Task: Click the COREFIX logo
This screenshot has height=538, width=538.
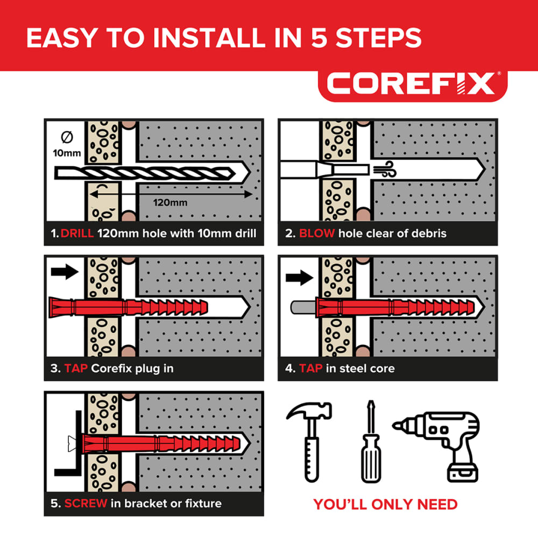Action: pos(411,84)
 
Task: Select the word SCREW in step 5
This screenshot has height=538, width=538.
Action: pos(86,504)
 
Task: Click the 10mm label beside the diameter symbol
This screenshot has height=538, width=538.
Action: pos(67,153)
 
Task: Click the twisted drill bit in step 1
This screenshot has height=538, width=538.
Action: pos(151,173)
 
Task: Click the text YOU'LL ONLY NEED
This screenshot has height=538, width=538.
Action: pos(385,504)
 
